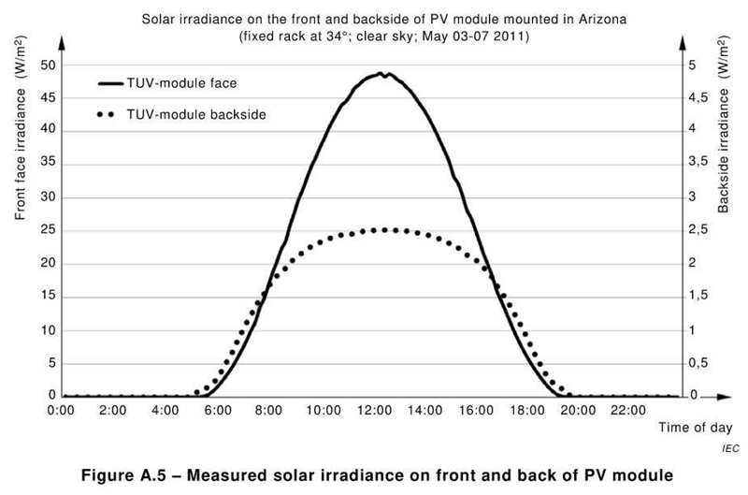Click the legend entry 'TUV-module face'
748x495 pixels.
pos(180,82)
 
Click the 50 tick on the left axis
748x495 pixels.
pos(49,65)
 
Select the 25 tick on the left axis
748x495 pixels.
pos(49,230)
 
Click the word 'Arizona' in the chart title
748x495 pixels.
pos(566,18)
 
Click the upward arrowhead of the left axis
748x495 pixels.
pos(62,43)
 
